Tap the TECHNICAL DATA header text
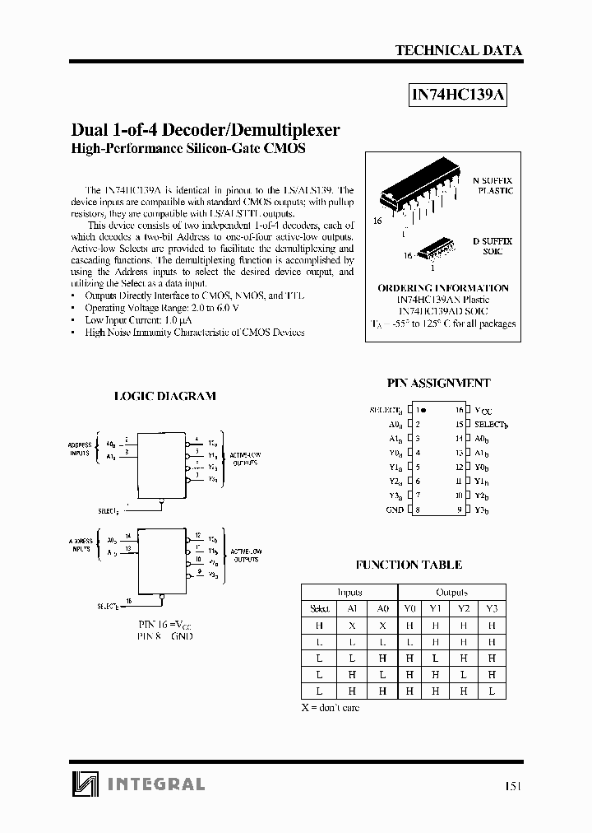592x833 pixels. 458,50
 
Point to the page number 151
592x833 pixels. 511,786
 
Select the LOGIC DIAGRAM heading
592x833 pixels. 164,396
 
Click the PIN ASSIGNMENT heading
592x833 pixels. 438,383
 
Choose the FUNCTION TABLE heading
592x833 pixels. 408,565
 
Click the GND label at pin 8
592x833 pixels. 395,510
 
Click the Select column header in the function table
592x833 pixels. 319,609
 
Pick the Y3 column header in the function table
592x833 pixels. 492,609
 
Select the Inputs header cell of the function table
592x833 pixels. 349,592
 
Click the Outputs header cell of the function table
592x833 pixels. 451,592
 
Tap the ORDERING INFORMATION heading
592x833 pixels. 442,288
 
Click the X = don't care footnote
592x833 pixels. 331,707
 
